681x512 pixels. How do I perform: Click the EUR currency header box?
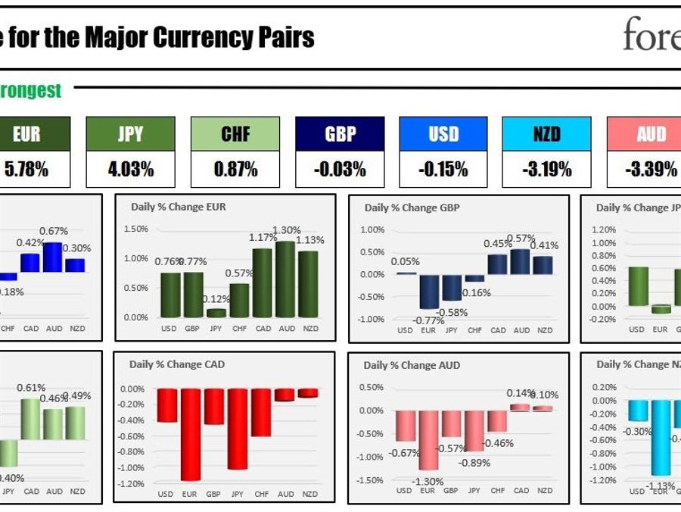click(x=26, y=134)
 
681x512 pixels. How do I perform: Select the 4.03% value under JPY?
click(x=130, y=169)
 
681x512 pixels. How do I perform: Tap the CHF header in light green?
click(x=235, y=134)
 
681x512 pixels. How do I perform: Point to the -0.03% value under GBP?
click(x=340, y=169)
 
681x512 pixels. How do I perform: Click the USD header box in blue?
click(x=443, y=134)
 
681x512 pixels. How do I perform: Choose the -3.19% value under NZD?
click(x=547, y=169)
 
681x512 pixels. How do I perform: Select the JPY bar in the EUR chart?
click(x=216, y=313)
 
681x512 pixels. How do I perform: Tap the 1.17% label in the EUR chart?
click(x=263, y=238)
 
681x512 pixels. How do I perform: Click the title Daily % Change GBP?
click(x=412, y=208)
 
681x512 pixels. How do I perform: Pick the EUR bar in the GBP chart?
click(x=429, y=292)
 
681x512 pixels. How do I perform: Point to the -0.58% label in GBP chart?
click(x=452, y=312)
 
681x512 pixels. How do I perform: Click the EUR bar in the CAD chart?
click(x=191, y=435)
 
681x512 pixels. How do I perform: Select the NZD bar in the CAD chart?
click(x=308, y=393)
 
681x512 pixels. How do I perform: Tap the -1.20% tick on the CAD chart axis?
click(x=132, y=484)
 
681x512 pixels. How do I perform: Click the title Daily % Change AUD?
click(x=411, y=365)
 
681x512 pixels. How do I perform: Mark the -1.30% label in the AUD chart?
click(x=428, y=481)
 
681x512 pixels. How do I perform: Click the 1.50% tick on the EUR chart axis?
click(x=135, y=229)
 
